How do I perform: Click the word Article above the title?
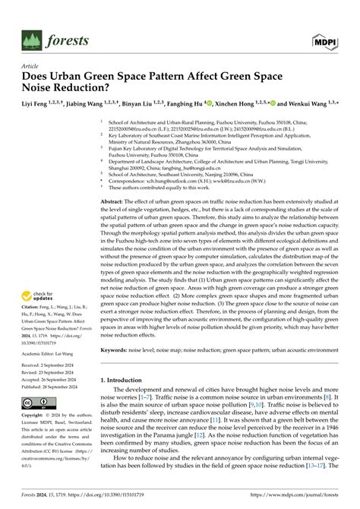coord(31,67)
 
